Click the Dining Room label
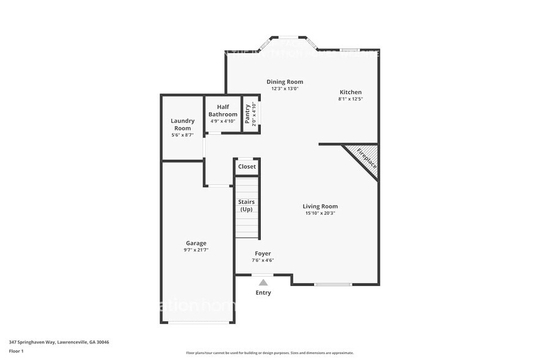point(285,81)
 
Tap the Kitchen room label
point(351,92)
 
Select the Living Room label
point(320,206)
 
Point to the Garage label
point(196,243)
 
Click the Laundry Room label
point(182,124)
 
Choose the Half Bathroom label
point(223,111)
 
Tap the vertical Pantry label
point(247,114)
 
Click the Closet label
point(247,167)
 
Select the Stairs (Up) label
point(247,206)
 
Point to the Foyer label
point(263,253)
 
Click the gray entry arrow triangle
point(263,282)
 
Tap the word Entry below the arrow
point(263,293)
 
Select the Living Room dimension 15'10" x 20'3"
point(320,214)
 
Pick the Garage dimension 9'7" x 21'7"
point(196,250)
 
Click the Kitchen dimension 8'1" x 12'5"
point(351,99)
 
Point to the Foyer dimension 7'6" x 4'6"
point(263,260)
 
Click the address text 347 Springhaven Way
point(59,342)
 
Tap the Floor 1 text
point(17,351)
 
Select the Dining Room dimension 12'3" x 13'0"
point(285,89)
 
